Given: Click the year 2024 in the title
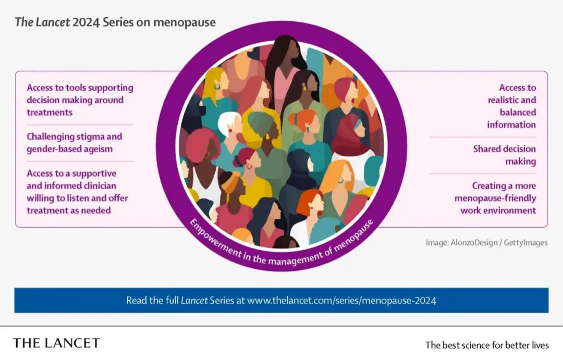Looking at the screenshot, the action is pyautogui.click(x=86, y=22).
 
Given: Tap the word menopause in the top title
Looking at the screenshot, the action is pyautogui.click(x=185, y=22).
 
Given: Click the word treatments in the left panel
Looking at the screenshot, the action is pyautogui.click(x=50, y=113).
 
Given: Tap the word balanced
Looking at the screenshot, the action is pyautogui.click(x=518, y=113).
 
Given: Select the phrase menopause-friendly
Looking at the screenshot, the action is pyautogui.click(x=495, y=198).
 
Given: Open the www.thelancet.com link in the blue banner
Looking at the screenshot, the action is pyautogui.click(x=341, y=301).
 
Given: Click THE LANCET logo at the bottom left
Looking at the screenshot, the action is pyautogui.click(x=56, y=343).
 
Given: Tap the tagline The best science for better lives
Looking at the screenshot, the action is pyautogui.click(x=487, y=345).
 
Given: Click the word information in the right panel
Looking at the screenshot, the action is pyautogui.click(x=511, y=125).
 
